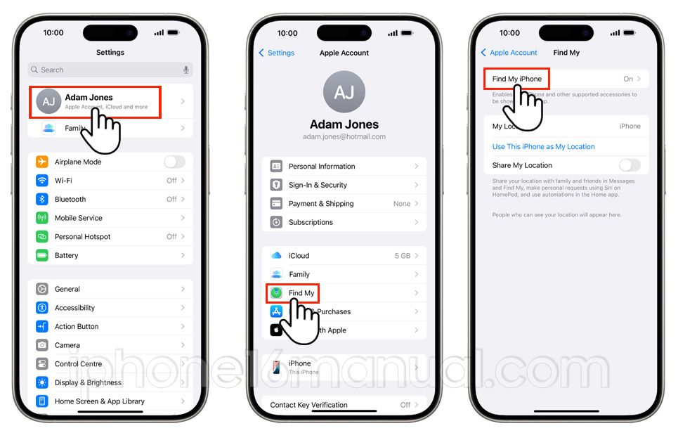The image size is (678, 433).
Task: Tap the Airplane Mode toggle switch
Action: tap(174, 162)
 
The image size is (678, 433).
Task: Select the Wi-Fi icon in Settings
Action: tap(42, 181)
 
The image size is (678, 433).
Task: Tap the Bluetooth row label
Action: tap(70, 200)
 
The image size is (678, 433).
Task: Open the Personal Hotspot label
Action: tap(82, 237)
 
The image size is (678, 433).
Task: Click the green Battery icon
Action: tap(42, 256)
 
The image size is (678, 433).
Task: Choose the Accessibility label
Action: tap(74, 308)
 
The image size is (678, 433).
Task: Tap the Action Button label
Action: tap(77, 327)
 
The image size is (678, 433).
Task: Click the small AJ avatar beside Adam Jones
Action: tap(48, 102)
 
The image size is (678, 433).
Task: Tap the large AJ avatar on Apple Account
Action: tap(344, 92)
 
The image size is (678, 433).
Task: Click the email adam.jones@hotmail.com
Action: tap(344, 137)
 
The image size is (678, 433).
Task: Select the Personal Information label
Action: tap(322, 167)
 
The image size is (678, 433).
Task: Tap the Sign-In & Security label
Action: tap(318, 185)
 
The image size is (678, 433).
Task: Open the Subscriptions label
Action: tap(311, 222)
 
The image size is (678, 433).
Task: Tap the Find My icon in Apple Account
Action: tap(276, 293)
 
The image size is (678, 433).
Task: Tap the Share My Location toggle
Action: tap(630, 165)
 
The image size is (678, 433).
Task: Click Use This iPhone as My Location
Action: tap(543, 147)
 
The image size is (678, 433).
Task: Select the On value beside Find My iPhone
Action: tap(628, 79)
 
